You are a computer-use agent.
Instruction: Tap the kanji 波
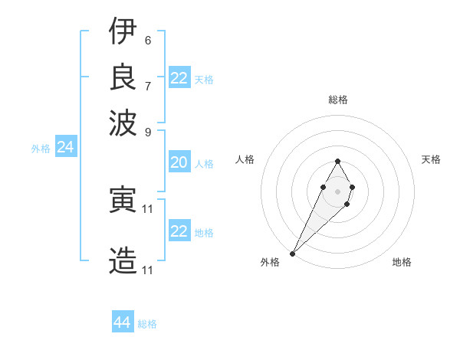(123, 121)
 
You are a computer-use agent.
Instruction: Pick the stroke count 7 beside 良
(147, 85)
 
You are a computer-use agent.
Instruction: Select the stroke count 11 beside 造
(149, 270)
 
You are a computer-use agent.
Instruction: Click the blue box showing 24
(66, 148)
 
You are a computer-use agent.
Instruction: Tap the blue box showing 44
(123, 322)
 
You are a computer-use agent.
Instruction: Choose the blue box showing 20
(179, 162)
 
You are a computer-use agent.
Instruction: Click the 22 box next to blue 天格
(179, 78)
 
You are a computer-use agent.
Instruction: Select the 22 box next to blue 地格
(179, 231)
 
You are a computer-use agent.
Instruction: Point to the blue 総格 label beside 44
(147, 324)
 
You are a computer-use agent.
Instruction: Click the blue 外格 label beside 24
(40, 149)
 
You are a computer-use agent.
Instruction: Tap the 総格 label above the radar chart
(337, 100)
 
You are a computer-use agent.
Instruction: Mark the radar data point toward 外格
(293, 253)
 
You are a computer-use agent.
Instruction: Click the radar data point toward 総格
(337, 161)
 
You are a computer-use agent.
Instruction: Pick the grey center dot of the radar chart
(337, 190)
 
